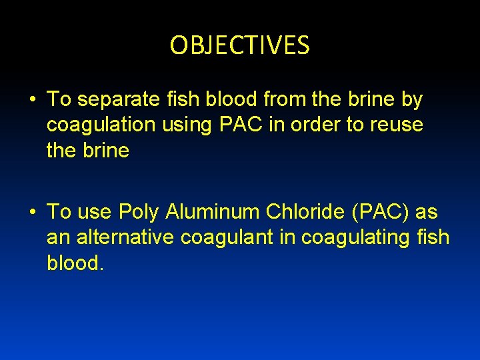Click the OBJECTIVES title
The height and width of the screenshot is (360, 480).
pos(240,45)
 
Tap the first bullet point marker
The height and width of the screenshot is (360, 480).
pos(31,100)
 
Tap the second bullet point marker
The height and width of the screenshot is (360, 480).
pos(31,213)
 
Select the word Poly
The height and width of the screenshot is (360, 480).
pos(139,213)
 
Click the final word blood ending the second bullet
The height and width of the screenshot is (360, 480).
pos(75,263)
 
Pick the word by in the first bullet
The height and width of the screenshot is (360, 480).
pos(411,100)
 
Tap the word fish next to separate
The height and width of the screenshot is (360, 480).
pos(181,99)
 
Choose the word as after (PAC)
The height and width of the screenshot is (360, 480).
pos(426,213)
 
